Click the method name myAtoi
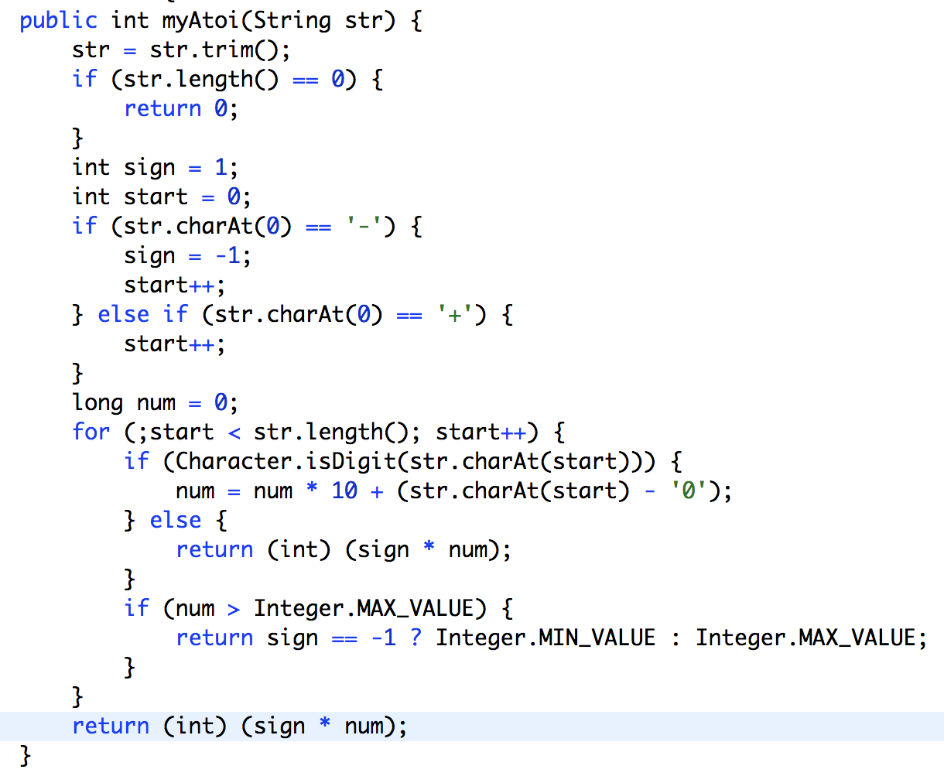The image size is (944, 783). click(200, 21)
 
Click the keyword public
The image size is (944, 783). click(59, 21)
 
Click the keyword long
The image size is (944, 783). click(97, 403)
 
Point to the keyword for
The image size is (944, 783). click(91, 433)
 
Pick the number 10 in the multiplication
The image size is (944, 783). click(344, 491)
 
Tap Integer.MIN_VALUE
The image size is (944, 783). click(546, 638)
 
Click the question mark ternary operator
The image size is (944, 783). click(416, 638)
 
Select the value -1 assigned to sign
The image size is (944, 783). click(233, 256)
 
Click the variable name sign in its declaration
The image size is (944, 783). click(149, 168)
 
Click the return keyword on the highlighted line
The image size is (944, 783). click(111, 727)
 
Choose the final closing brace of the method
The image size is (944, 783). click(26, 755)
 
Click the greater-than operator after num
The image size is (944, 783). click(234, 609)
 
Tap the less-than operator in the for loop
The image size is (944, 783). click(234, 433)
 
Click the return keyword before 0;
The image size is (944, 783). click(162, 109)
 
